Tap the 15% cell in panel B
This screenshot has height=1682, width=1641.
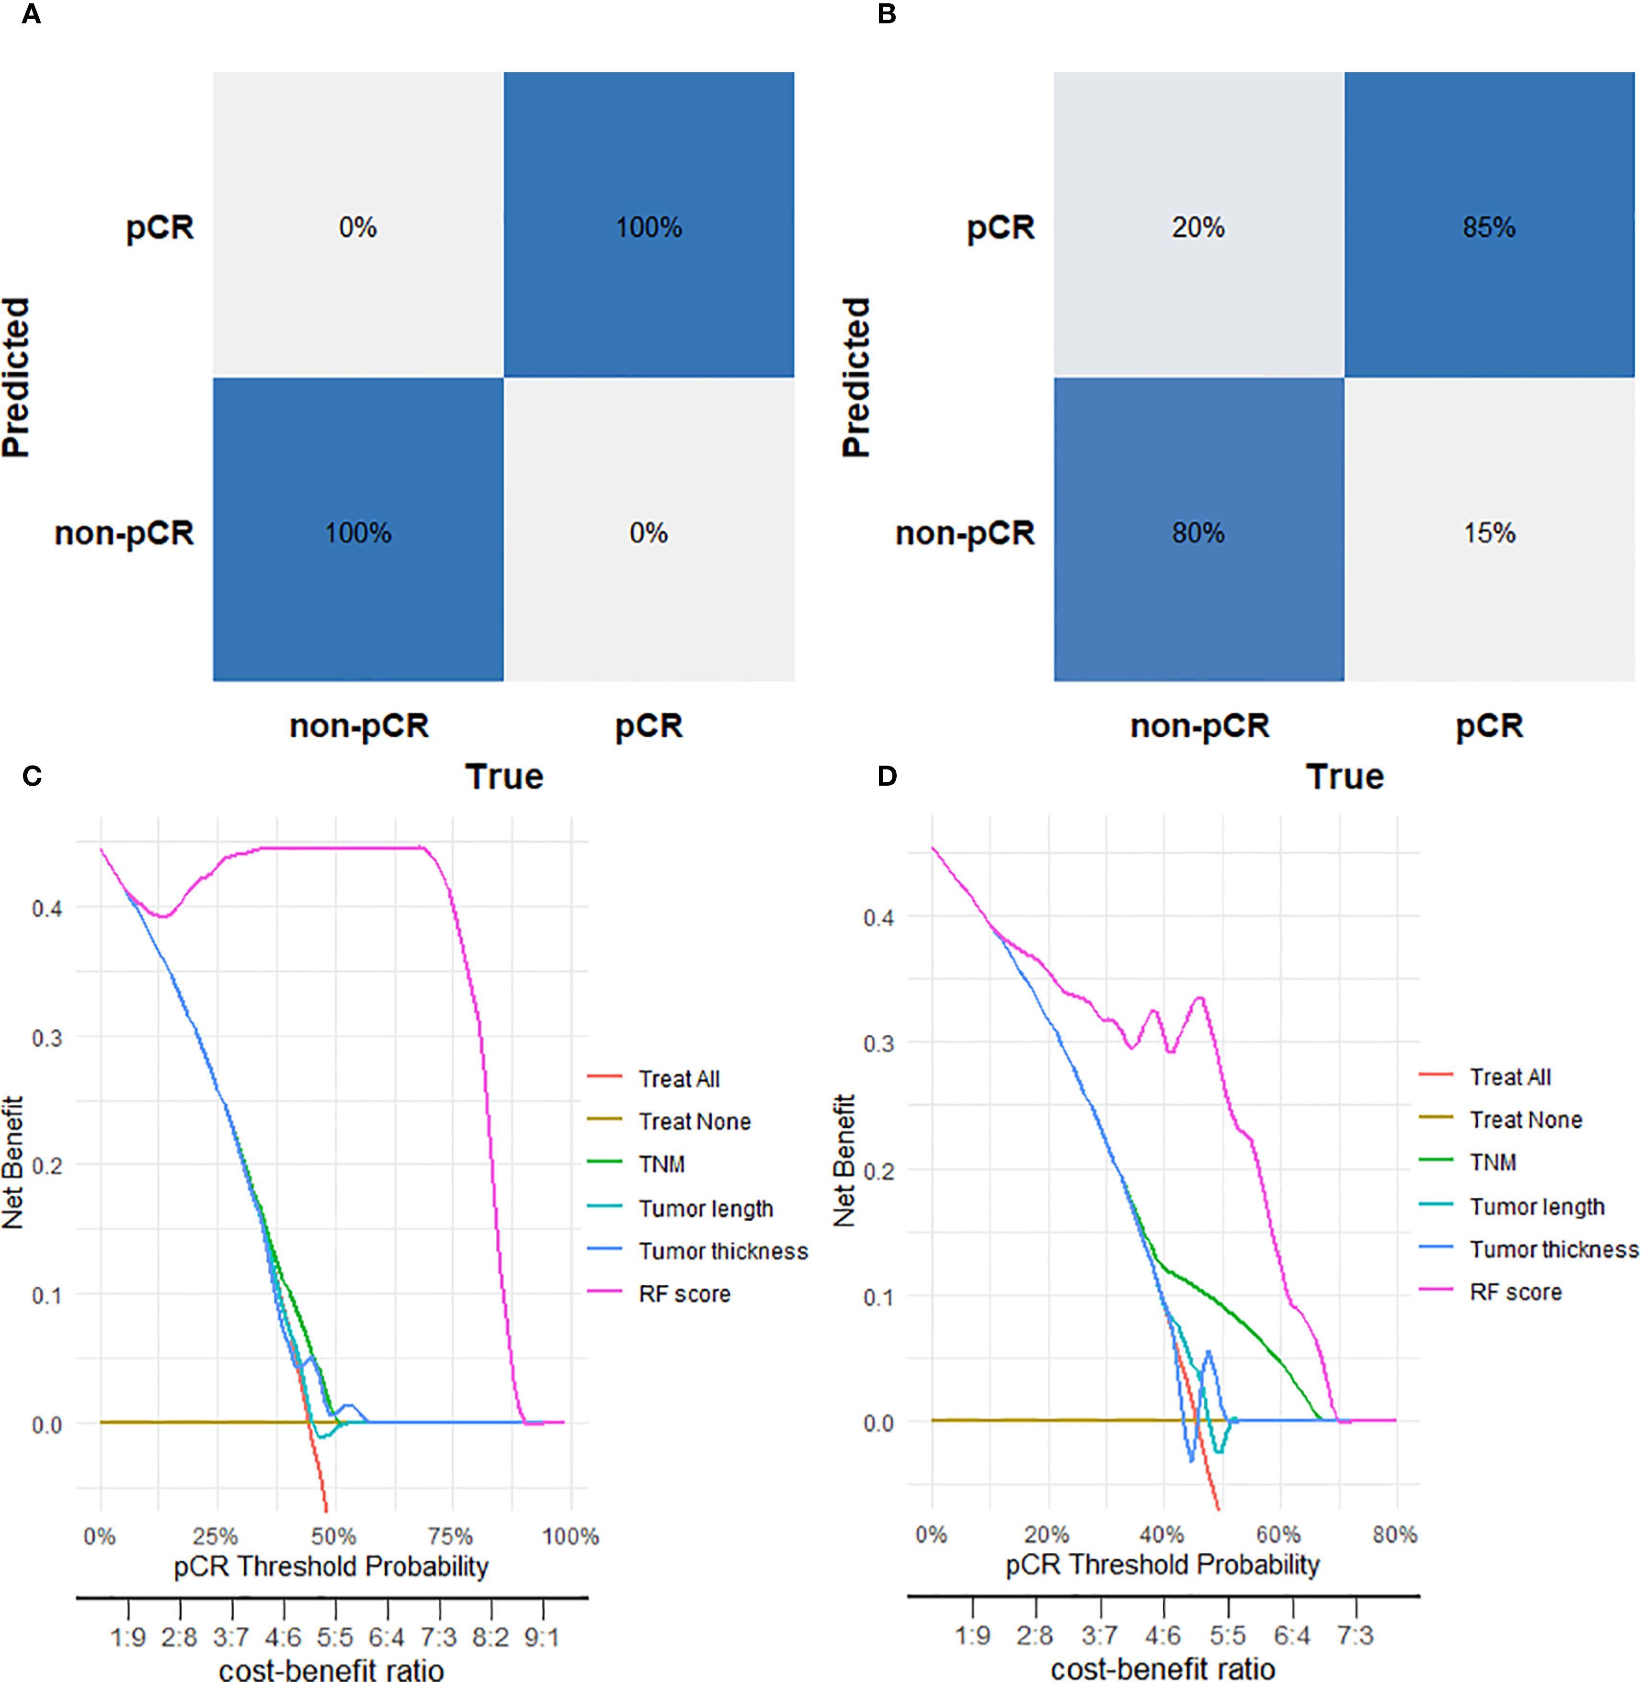click(1489, 533)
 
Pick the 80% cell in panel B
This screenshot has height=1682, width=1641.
click(1198, 533)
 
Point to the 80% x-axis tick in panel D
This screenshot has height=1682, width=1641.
click(1394, 1533)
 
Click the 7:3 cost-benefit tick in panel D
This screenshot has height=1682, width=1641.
click(1356, 1634)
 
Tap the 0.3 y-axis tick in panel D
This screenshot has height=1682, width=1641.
click(878, 1043)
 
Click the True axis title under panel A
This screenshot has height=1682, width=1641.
click(504, 777)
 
